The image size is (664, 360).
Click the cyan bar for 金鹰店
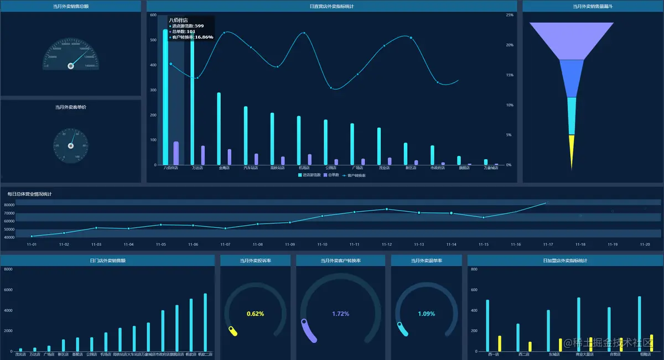[x=219, y=129]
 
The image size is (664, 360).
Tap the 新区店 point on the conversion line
[x=411, y=38]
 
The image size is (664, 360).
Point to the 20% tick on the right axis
[x=510, y=45]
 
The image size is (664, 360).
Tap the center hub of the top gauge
[x=71, y=66]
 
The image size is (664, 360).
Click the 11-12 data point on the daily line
[x=387, y=209]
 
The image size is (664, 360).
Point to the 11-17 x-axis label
[x=548, y=244]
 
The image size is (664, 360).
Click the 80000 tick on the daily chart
[x=9, y=205]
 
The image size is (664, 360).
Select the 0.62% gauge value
[x=255, y=314]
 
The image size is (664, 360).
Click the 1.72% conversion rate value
[x=341, y=314]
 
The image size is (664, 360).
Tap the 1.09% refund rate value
[x=426, y=314]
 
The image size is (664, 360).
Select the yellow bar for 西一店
[x=500, y=343]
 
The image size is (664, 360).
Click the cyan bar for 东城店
[x=548, y=331]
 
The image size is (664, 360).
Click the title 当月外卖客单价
[x=71, y=107]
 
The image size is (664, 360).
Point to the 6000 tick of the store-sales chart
[x=8, y=290]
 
